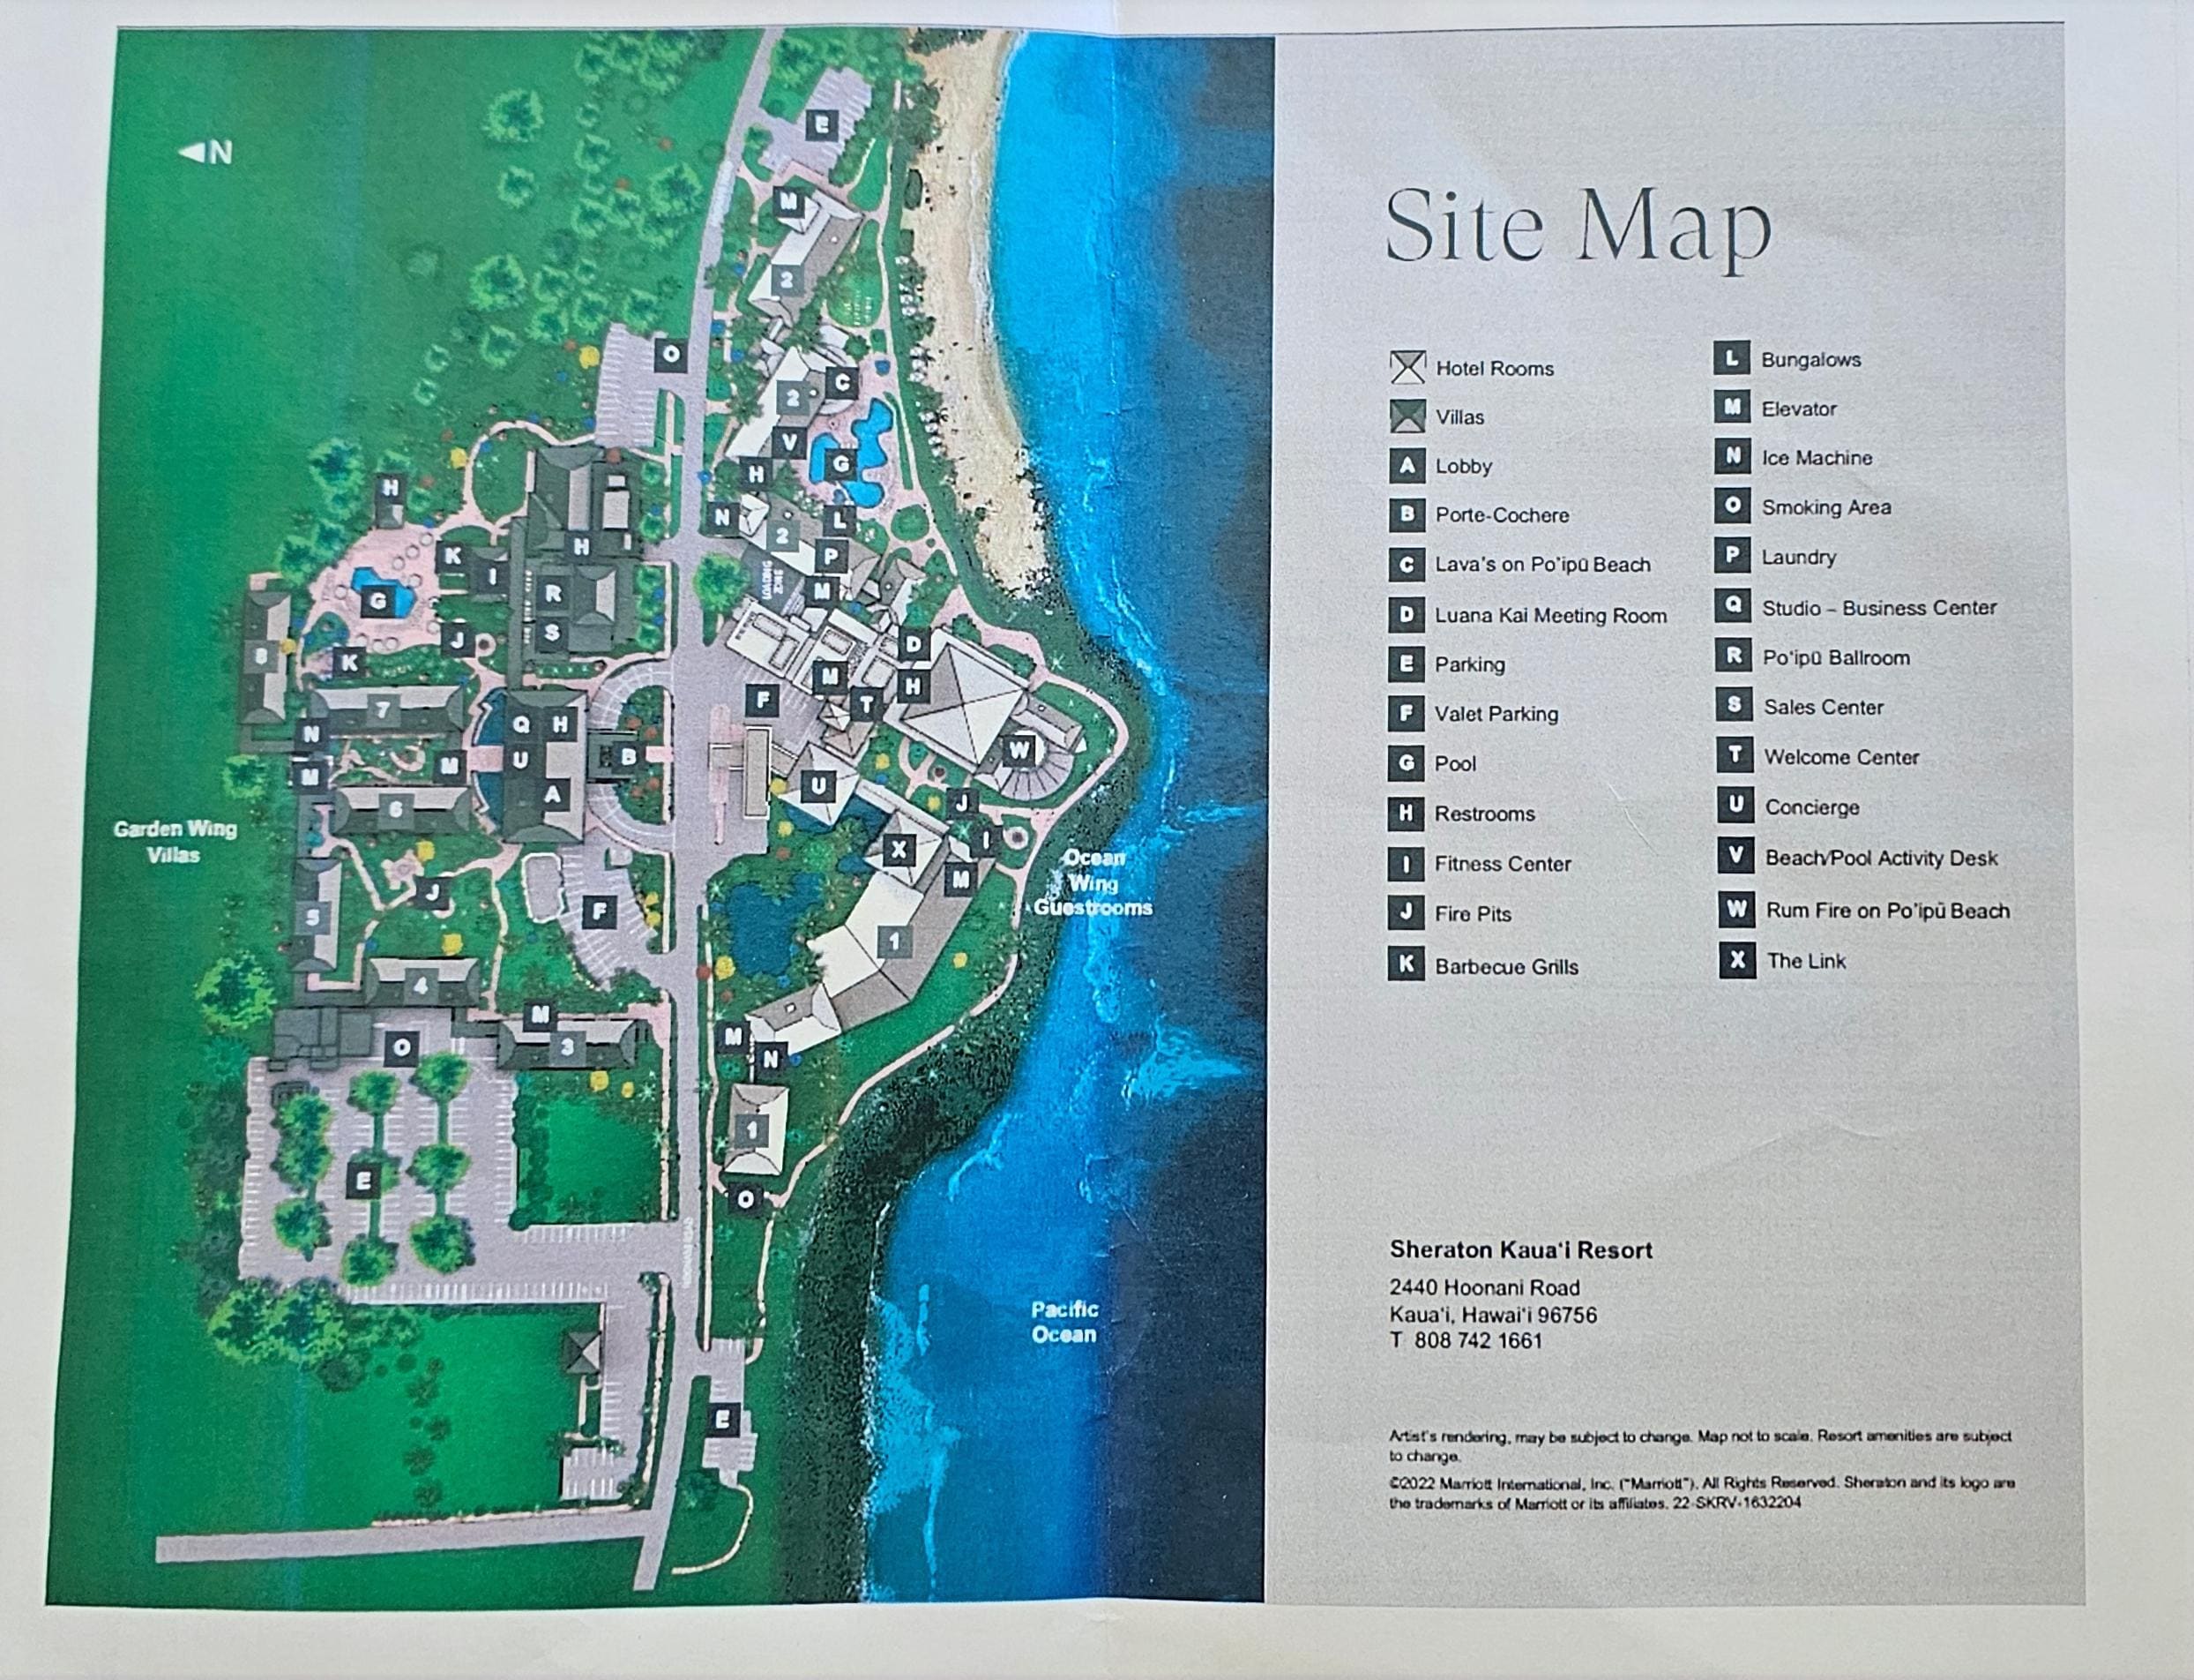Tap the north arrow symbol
coord(205,152)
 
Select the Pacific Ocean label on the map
coord(1063,1321)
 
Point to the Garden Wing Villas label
coord(174,841)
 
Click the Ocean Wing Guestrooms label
coord(1093,883)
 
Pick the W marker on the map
coord(1019,749)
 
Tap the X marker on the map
coord(899,850)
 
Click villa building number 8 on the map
coord(262,657)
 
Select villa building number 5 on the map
coord(314,916)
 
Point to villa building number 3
coord(567,1047)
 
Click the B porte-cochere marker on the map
coord(628,757)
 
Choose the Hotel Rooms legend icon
coord(1407,368)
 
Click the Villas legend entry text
coord(1459,417)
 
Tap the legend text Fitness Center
coord(1503,864)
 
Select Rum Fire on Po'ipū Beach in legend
coord(1887,911)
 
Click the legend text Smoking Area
coord(1825,508)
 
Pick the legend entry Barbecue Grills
coord(1506,967)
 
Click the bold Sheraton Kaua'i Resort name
coord(1520,1250)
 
